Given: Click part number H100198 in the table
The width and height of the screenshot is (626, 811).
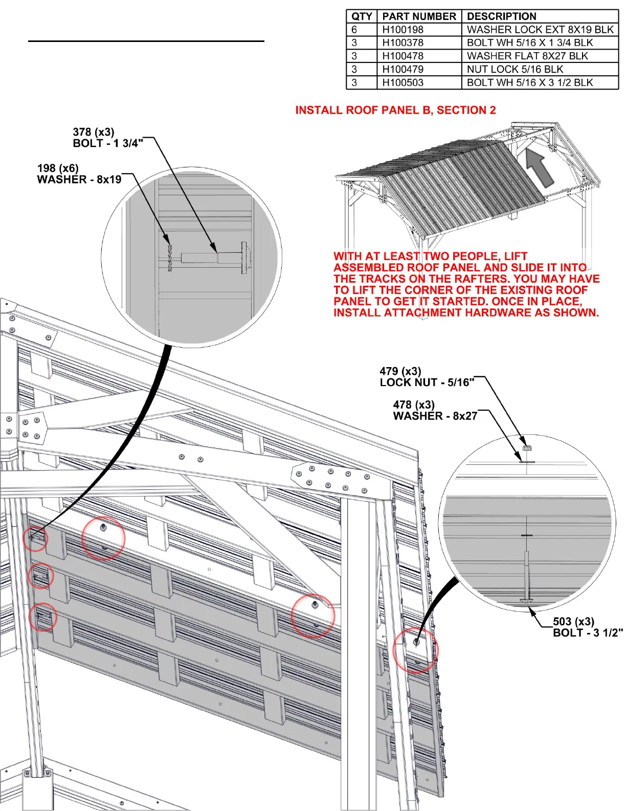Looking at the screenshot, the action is pyautogui.click(x=403, y=30).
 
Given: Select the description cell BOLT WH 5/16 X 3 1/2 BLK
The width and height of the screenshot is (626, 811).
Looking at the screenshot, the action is pyautogui.click(x=530, y=82).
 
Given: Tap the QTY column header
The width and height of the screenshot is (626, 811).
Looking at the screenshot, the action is pyautogui.click(x=362, y=16).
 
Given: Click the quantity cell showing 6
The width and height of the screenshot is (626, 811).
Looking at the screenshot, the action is pyautogui.click(x=354, y=30).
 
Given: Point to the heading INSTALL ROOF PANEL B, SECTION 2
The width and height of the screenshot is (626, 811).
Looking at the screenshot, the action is pyautogui.click(x=395, y=110).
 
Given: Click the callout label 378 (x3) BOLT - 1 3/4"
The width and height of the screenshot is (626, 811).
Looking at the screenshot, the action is pyautogui.click(x=107, y=138).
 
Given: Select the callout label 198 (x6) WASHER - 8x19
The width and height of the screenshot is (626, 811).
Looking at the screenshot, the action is pyautogui.click(x=79, y=174).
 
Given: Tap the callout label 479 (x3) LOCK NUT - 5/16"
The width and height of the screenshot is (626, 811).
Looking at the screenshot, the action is pyautogui.click(x=427, y=377).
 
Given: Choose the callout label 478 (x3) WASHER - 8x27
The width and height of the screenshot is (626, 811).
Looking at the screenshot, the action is pyautogui.click(x=435, y=411).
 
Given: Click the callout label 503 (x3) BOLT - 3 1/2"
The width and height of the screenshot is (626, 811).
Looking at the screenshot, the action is pyautogui.click(x=587, y=627).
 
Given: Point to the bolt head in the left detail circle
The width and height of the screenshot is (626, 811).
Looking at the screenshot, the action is pyautogui.click(x=245, y=257).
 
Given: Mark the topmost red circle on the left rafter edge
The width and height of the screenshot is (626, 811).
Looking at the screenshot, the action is pyautogui.click(x=35, y=538).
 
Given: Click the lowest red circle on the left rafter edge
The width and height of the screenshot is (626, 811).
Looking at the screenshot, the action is pyautogui.click(x=42, y=617).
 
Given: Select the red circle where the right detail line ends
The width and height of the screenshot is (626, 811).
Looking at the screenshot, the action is pyautogui.click(x=416, y=649).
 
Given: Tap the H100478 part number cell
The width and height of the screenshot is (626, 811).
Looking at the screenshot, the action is pyautogui.click(x=403, y=56).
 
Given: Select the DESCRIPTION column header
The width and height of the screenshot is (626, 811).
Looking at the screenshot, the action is pyautogui.click(x=502, y=16).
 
